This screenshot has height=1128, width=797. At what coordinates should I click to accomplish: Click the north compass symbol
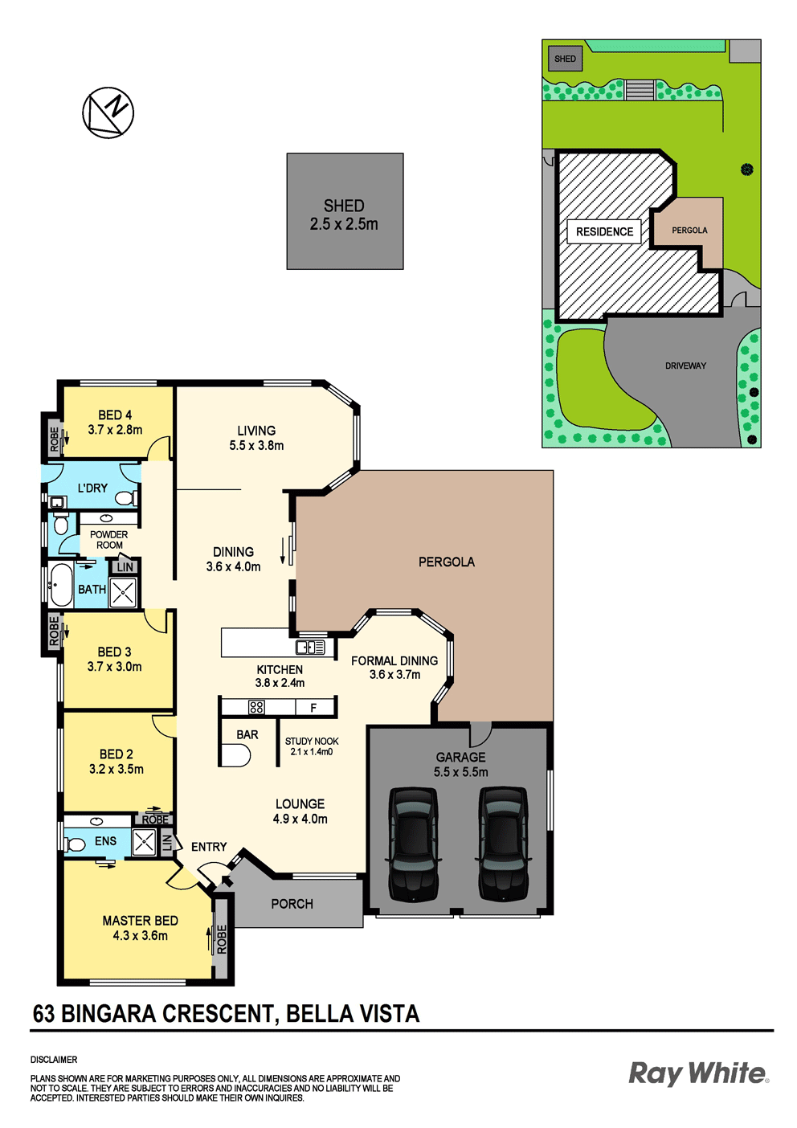coord(108,112)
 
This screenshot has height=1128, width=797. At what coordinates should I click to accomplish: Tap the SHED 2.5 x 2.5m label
coord(344,215)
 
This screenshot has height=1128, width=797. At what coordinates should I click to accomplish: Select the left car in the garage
coord(413,844)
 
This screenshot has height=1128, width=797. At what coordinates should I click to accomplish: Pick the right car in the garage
coord(503,844)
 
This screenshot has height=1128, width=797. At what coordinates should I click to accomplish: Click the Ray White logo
coord(699,1073)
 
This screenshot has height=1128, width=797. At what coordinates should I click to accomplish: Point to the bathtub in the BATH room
coord(61,585)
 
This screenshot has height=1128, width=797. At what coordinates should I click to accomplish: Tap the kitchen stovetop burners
coord(256,708)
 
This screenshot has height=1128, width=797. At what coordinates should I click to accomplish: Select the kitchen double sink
coord(310,647)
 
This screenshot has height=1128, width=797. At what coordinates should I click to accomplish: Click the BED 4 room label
coord(115,422)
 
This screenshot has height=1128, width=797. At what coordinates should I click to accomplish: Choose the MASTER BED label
coord(140,928)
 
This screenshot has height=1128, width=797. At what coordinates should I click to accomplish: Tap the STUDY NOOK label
coord(312,746)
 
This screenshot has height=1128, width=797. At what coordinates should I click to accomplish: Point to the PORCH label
coord(292,904)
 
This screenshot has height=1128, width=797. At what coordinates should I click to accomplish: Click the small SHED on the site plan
coord(565,59)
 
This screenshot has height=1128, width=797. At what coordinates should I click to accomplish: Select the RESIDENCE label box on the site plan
coord(605,231)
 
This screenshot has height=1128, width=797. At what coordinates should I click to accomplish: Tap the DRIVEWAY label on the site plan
coord(685,366)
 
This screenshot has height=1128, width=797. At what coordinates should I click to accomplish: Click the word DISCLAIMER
coord(54,1060)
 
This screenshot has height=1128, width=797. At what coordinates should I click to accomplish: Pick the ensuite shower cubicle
coord(144,842)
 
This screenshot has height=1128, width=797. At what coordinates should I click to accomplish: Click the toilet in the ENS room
coord(75,844)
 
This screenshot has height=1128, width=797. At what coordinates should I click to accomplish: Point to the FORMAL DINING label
coord(394,667)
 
